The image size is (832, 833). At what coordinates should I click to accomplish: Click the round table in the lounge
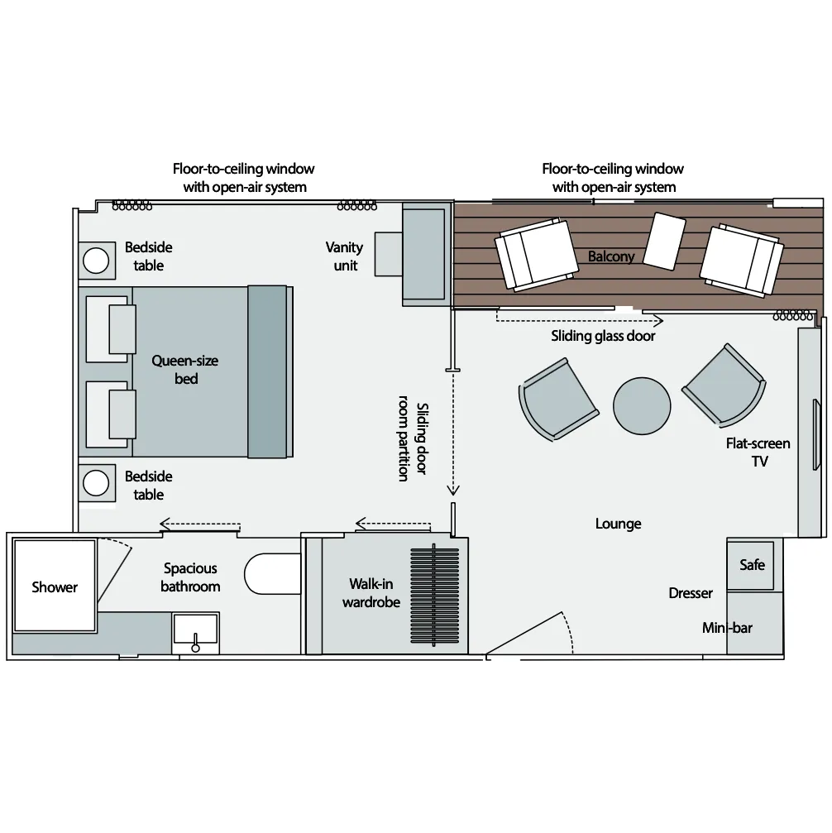pos(642,406)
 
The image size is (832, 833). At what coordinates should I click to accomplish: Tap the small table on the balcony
pos(664,242)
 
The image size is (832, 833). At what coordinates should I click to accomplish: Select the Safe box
pos(751,565)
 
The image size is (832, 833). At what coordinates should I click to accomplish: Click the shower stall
pos(55,586)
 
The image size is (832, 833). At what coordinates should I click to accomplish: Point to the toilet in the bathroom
pos(273,574)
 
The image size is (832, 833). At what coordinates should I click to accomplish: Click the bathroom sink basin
pos(195,633)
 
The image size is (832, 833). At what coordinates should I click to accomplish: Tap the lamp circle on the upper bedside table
pos(96,261)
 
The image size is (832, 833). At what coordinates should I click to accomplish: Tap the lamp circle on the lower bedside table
pos(96,483)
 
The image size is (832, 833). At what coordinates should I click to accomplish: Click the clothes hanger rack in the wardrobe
pos(434,596)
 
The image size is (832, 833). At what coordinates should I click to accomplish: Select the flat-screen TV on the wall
pos(816,434)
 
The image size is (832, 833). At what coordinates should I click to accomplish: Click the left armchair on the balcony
pos(537,255)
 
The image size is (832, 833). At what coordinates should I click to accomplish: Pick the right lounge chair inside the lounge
pos(724,385)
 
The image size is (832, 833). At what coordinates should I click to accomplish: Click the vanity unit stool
pos(389,254)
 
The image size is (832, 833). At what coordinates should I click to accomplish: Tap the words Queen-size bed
pos(185,370)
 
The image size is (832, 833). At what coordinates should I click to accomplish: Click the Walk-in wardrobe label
pos(371,593)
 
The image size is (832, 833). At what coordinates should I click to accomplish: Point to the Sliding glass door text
pos(603,336)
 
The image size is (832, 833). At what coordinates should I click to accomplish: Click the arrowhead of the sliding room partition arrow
pos(452,489)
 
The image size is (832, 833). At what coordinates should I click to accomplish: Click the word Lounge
pos(618,524)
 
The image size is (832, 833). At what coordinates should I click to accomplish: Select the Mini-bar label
pos(727,628)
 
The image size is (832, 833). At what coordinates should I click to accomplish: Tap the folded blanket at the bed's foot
pos(267,372)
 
